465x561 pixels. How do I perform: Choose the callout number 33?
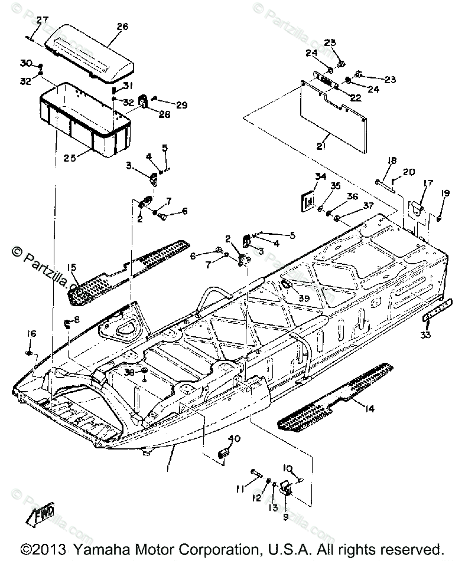[425, 336]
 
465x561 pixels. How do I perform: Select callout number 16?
[32, 334]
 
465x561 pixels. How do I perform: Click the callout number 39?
[304, 298]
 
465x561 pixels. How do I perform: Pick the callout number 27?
[42, 20]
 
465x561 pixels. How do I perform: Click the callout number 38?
[128, 372]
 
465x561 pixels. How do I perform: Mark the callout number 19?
[445, 193]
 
